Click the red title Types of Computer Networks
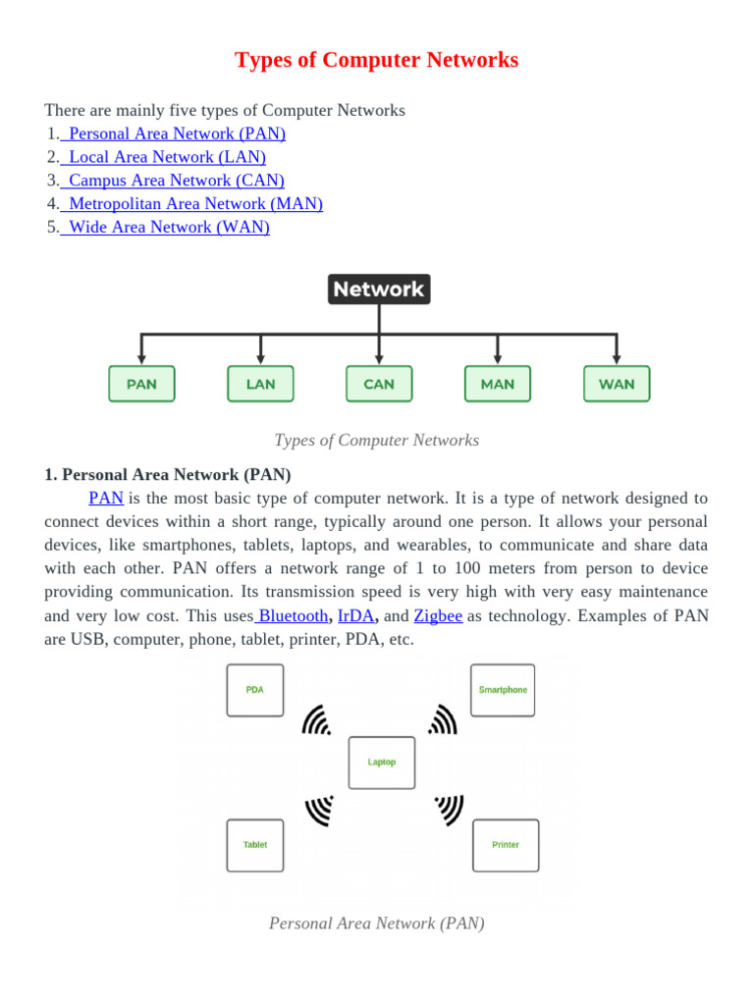pos(377,60)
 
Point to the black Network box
pos(378,290)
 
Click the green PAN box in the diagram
pos(141,384)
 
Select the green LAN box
pos(260,384)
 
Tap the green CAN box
pos(379,384)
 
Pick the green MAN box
pos(498,384)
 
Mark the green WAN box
pos(617,384)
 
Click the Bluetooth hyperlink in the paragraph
pos(293,616)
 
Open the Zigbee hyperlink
pos(438,616)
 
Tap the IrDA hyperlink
pos(355,616)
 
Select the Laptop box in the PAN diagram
pos(382,763)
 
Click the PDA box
pos(255,690)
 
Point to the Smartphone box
pos(503,690)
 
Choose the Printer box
pos(506,845)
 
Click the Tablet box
pos(255,845)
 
